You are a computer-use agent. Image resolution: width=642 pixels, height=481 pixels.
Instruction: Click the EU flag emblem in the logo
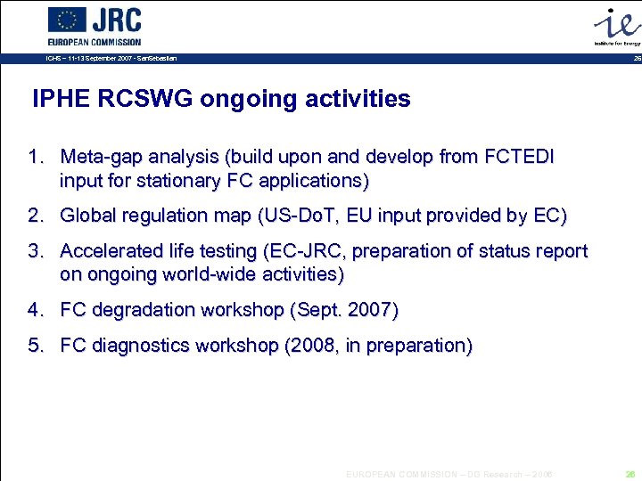(x=67, y=20)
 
